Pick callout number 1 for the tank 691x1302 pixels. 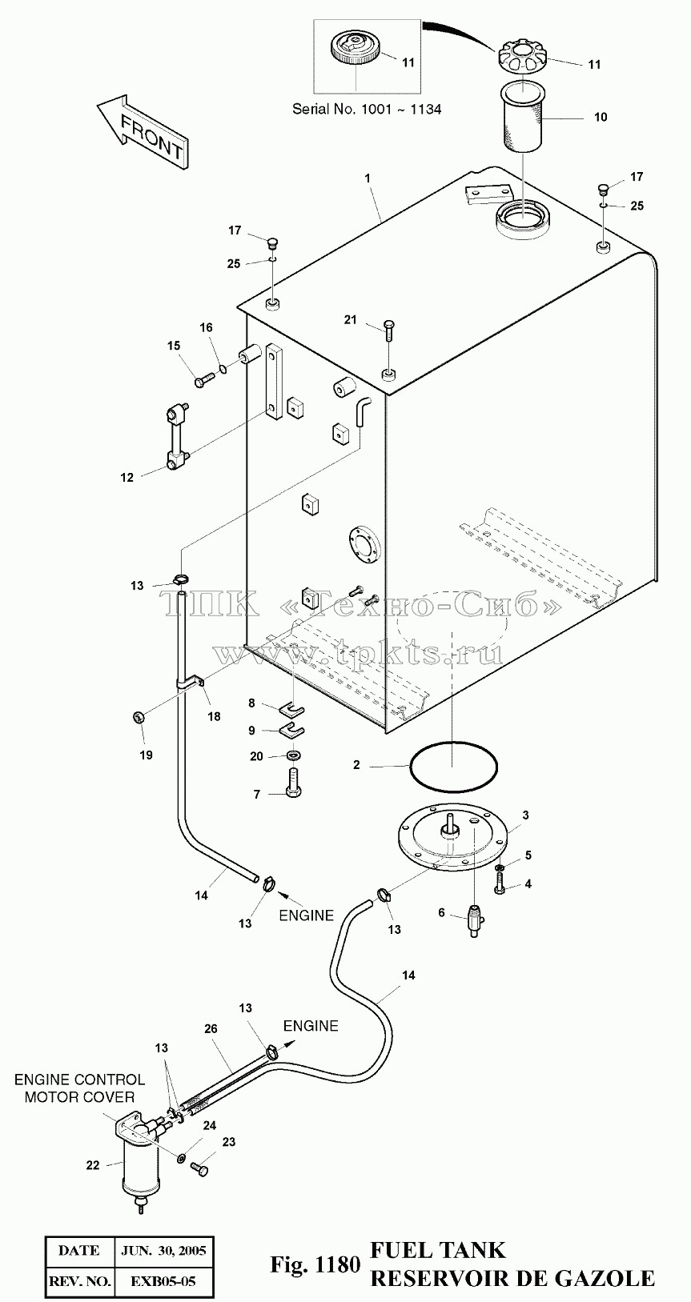click(x=368, y=178)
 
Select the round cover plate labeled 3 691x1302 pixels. click(x=452, y=841)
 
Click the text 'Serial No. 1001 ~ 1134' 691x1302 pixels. click(x=367, y=109)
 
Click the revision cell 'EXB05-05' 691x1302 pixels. click(x=163, y=1280)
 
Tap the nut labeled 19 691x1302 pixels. click(x=139, y=717)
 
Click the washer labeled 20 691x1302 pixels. click(x=293, y=755)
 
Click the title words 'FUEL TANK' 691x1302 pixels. click(x=438, y=1250)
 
